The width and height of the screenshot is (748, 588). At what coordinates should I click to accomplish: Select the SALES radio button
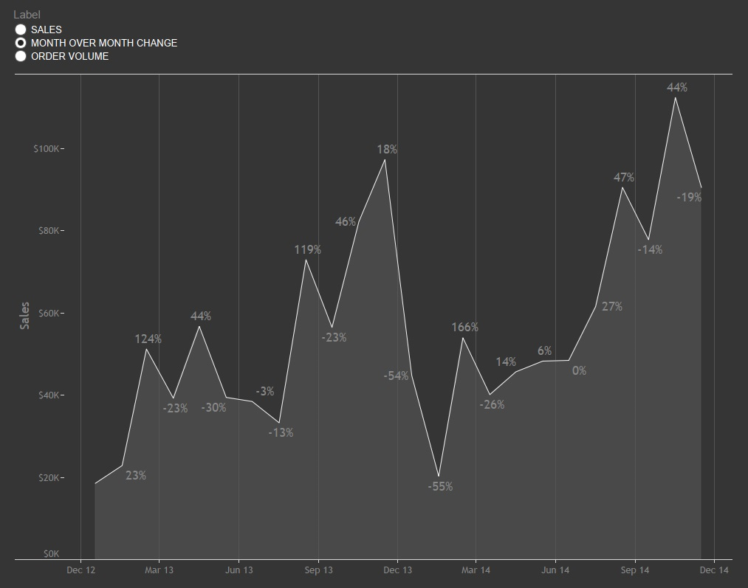(21, 30)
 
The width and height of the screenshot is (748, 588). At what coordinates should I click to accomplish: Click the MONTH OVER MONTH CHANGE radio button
(21, 43)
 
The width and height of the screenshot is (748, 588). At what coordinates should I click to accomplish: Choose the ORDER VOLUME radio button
(21, 56)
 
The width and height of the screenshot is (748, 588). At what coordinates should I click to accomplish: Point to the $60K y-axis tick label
(48, 314)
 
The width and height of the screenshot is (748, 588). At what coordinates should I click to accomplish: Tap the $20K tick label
(48, 478)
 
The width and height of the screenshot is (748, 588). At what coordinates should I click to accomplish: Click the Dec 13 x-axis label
(397, 570)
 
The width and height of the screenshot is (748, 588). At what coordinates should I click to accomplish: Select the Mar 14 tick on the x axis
(476, 570)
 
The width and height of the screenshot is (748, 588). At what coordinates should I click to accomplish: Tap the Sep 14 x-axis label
(635, 570)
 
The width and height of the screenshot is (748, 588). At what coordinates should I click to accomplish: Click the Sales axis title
(25, 316)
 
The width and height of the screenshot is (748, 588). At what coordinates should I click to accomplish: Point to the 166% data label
(465, 327)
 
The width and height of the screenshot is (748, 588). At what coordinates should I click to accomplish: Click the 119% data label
(307, 249)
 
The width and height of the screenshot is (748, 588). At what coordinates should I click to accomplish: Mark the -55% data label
(440, 486)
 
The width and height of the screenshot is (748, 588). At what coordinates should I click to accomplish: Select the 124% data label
(148, 339)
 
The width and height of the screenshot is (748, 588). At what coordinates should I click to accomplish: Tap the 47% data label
(624, 177)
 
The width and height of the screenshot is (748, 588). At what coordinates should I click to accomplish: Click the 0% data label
(579, 370)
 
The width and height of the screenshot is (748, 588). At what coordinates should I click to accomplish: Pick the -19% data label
(689, 197)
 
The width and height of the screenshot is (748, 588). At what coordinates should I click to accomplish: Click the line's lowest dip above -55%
(439, 476)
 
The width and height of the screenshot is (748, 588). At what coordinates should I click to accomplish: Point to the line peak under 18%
(385, 159)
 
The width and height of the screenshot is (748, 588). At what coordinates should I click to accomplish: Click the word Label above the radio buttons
(27, 15)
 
